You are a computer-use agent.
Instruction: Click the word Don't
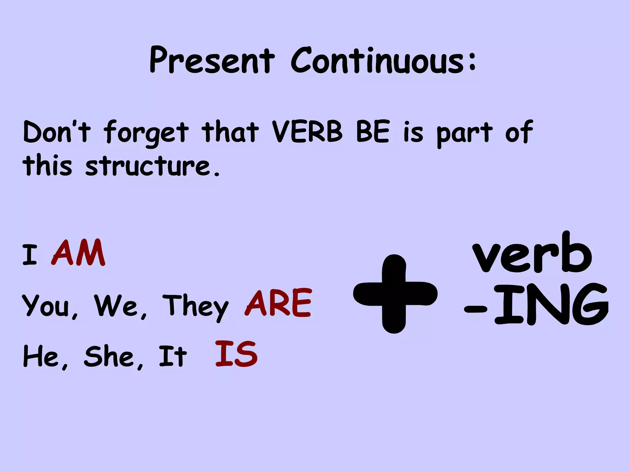tap(57, 132)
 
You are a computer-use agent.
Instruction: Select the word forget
tap(146, 133)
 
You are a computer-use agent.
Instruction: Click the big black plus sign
tap(395, 294)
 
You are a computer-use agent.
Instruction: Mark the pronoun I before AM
tap(30, 255)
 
